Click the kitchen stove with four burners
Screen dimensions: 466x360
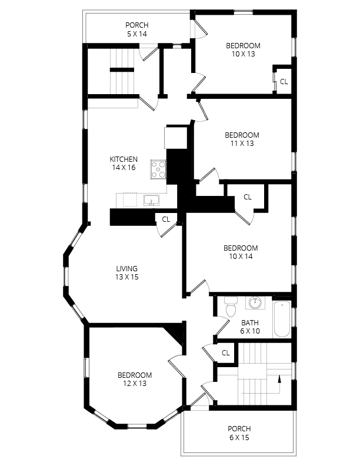tap(159, 169)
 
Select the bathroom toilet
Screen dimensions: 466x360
tap(230, 307)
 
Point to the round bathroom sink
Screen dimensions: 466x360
tap(255, 303)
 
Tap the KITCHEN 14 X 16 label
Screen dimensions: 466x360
tap(124, 164)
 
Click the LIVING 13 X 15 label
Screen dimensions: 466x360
tap(126, 273)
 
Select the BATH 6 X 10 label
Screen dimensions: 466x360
tap(250, 327)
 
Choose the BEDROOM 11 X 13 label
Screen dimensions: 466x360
tap(242, 139)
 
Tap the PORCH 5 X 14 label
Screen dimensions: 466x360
tap(136, 29)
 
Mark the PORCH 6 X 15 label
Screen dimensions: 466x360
tap(239, 433)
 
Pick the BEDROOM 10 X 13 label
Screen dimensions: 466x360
tap(243, 49)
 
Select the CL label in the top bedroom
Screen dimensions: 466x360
tap(284, 82)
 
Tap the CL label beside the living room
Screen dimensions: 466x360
tap(166, 219)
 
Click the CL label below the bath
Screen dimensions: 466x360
tap(225, 352)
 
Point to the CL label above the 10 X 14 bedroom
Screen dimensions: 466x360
tap(247, 197)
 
